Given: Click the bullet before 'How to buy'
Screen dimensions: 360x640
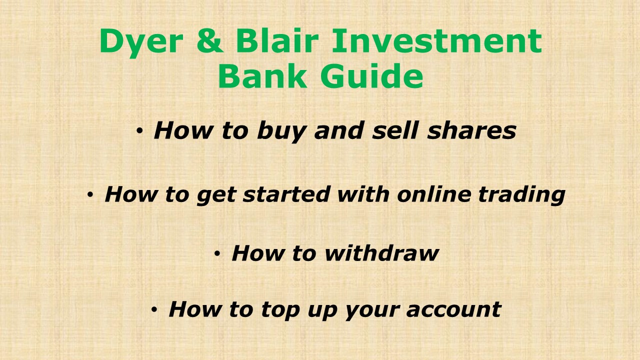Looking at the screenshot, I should [x=140, y=131].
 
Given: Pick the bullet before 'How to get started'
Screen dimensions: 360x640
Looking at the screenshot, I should [x=90, y=194].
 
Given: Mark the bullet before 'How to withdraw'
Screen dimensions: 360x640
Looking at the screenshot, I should [x=217, y=254].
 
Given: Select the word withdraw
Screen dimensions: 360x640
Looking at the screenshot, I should [x=381, y=253].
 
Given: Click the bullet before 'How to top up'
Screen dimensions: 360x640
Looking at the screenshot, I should [x=154, y=310].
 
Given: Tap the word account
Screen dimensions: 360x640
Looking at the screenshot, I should [x=453, y=309].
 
